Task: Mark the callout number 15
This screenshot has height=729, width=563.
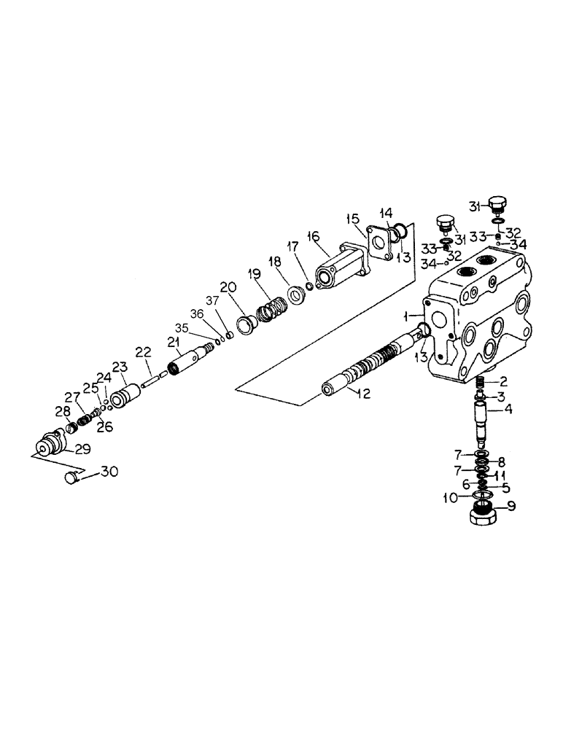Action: (352, 218)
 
